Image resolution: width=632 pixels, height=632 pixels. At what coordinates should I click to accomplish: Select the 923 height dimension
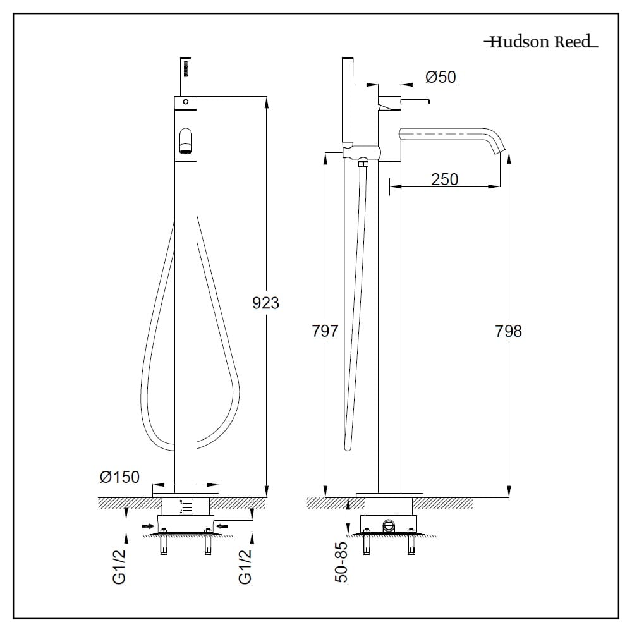[x=265, y=303]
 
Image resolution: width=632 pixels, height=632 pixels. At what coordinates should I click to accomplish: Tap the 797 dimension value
[x=325, y=331]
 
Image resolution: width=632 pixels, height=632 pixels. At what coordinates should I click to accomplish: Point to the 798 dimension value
[x=509, y=331]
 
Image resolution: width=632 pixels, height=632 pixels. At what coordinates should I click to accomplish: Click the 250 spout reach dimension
[x=444, y=179]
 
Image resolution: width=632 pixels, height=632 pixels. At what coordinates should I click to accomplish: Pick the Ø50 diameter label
[x=441, y=77]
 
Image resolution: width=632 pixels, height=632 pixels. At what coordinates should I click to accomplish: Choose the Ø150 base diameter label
[x=119, y=477]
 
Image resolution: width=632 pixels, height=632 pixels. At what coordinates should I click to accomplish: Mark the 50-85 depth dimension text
[x=342, y=562]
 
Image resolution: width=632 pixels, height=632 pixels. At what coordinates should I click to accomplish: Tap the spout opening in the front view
[x=185, y=142]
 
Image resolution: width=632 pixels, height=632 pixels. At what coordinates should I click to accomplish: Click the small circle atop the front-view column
[x=185, y=102]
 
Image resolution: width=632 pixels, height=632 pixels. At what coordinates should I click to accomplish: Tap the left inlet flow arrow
[x=148, y=525]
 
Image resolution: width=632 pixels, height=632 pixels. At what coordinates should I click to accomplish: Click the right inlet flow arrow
[x=222, y=525]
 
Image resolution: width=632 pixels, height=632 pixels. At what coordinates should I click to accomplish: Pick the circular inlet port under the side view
[x=389, y=525]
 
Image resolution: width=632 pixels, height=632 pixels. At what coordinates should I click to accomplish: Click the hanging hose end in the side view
[x=347, y=447]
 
